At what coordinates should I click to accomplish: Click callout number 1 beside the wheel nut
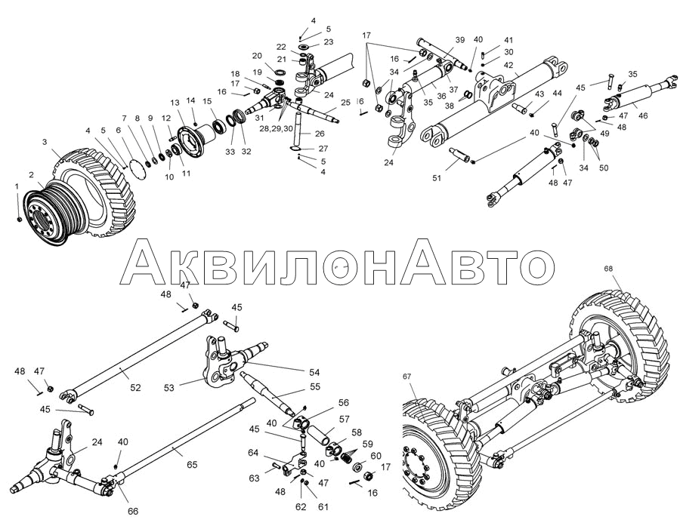tap(17, 186)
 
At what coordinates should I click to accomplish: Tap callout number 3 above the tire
tap(45, 142)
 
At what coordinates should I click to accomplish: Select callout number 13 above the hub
tap(175, 103)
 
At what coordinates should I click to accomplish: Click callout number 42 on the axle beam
tap(508, 65)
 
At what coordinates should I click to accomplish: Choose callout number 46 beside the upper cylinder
tap(643, 115)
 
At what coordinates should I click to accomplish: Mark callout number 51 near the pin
tap(437, 177)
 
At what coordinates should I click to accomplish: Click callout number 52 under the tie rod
tap(136, 388)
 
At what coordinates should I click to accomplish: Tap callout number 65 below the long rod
tap(192, 464)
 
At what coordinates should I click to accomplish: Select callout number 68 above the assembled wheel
tap(608, 269)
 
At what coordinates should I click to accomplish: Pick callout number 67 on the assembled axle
tap(406, 377)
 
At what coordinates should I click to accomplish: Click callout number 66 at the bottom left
tap(133, 511)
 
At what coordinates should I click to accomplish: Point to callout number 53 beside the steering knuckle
tap(169, 387)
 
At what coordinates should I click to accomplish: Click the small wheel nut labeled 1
tap(20, 220)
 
